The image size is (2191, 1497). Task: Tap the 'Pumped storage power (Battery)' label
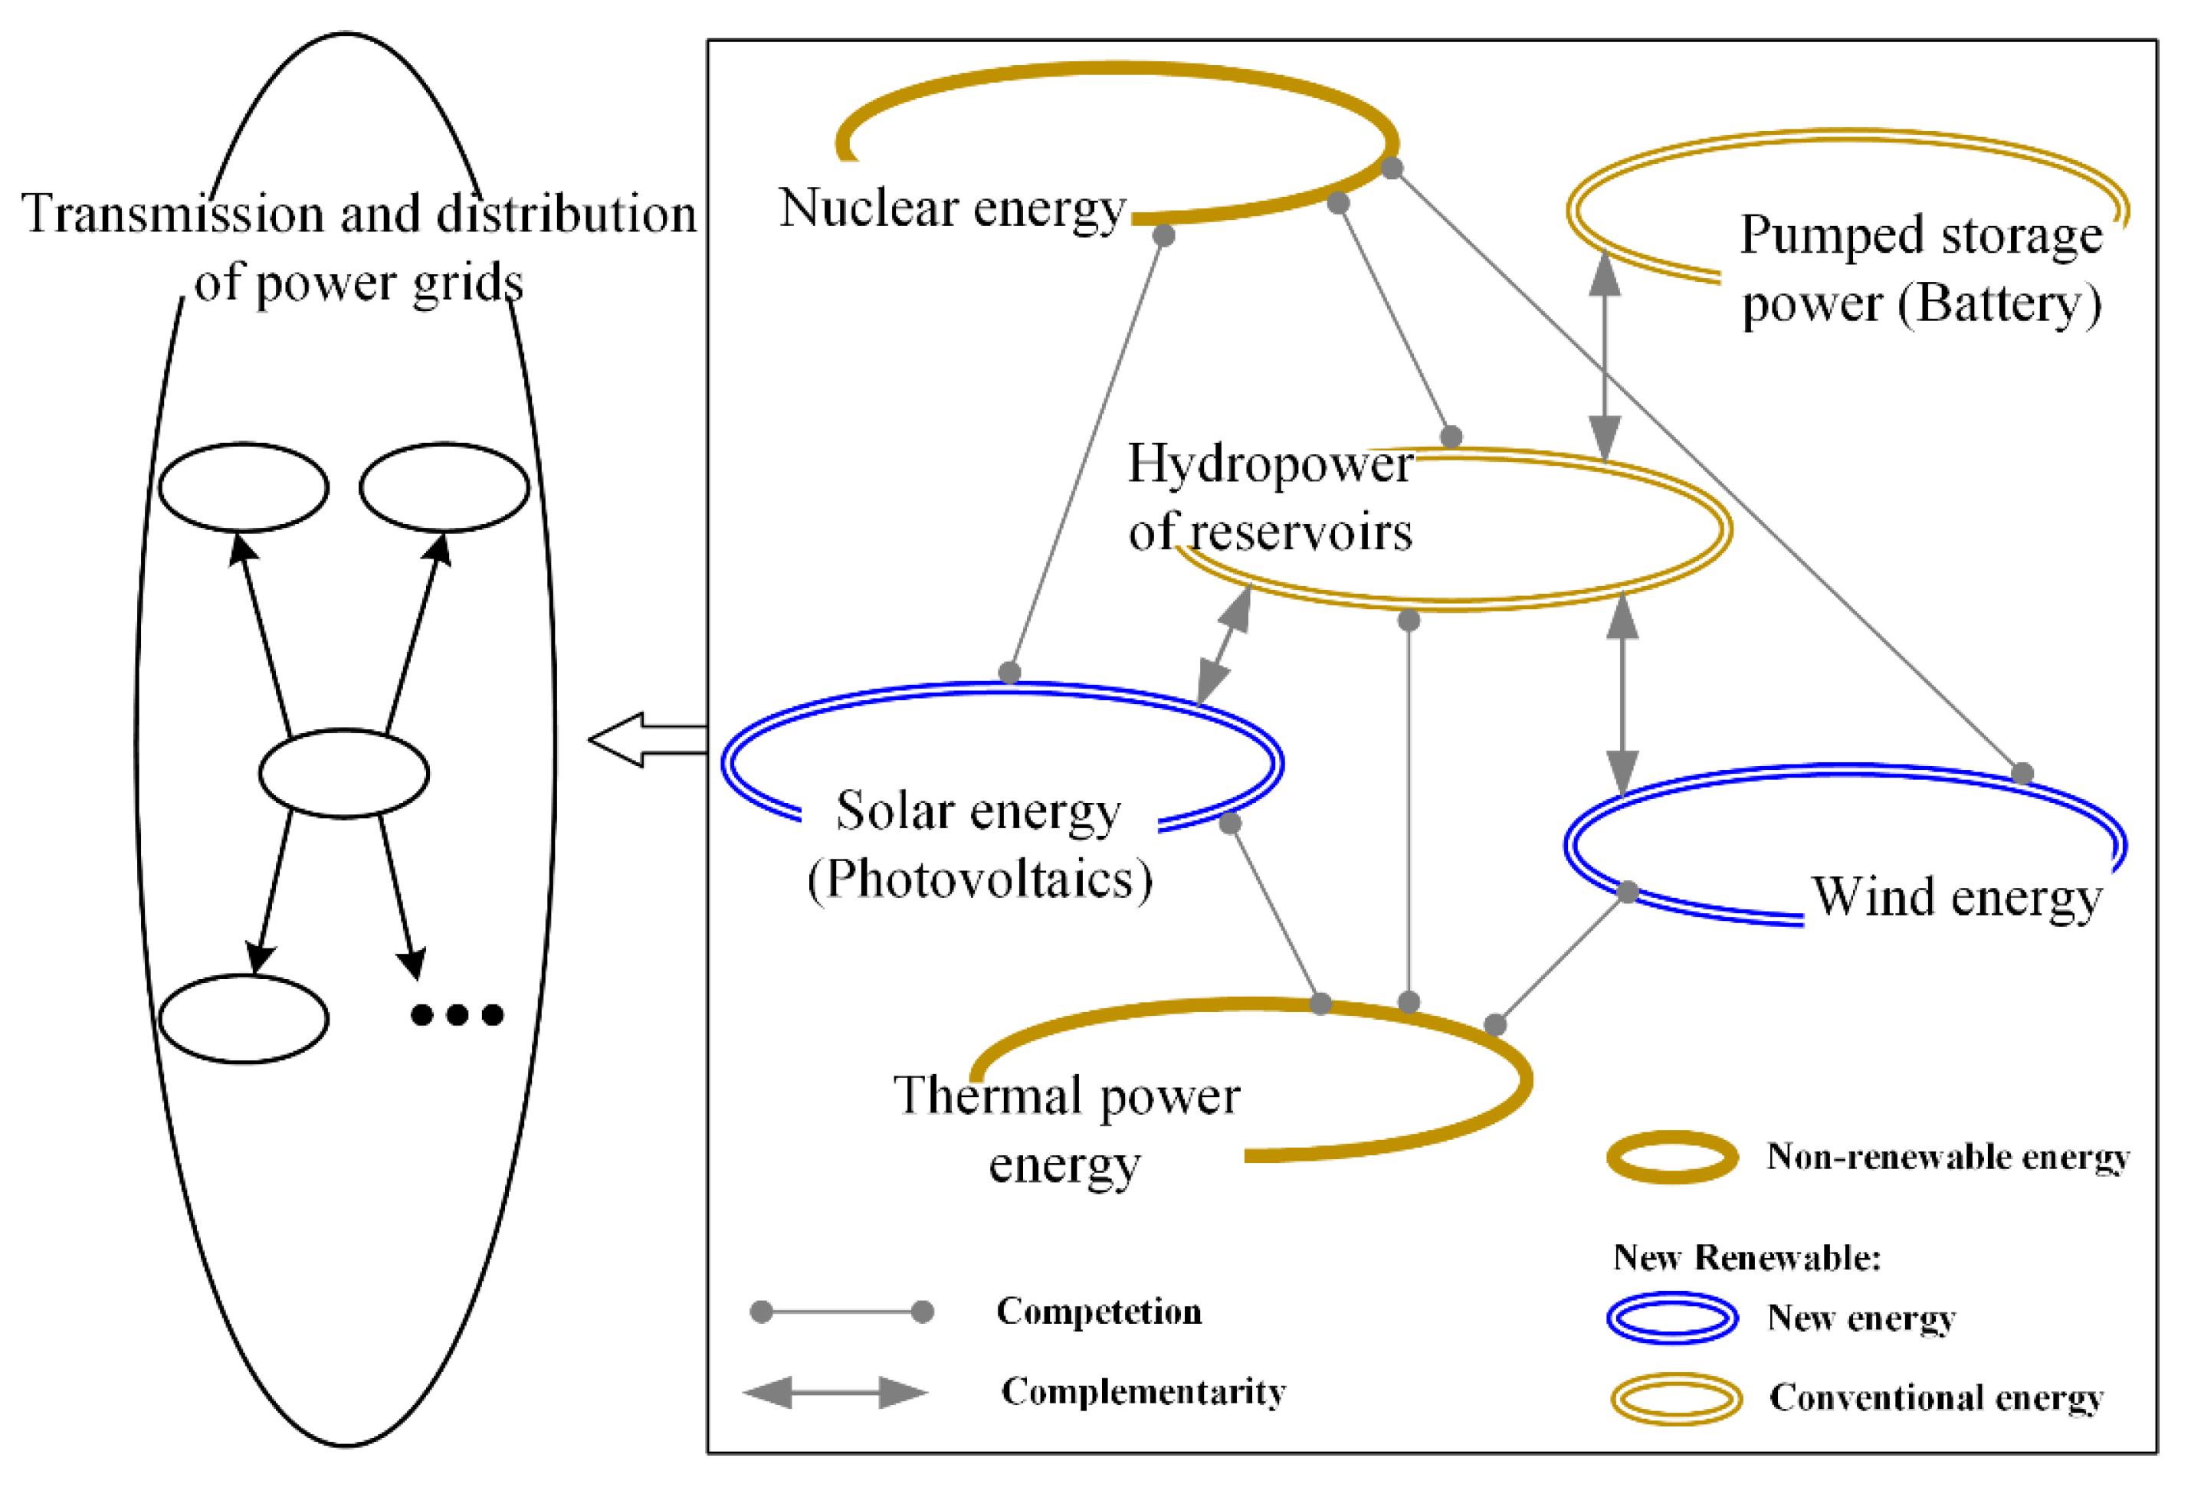click(x=1920, y=270)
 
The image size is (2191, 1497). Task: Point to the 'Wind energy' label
click(x=1956, y=896)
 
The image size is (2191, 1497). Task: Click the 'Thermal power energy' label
click(x=1066, y=1129)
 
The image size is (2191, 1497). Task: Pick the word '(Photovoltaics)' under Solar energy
click(x=979, y=880)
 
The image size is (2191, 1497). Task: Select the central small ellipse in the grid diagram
click(x=344, y=773)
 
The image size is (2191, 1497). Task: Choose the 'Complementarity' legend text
click(x=1143, y=1391)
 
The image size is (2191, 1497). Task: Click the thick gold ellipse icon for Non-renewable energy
click(x=1672, y=1157)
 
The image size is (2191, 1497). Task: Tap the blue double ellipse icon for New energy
click(x=1672, y=1317)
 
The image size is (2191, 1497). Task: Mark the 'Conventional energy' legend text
click(x=1936, y=1397)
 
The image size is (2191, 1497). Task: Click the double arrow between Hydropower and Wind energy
click(x=1622, y=696)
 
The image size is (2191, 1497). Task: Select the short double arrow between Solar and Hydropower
click(x=1224, y=645)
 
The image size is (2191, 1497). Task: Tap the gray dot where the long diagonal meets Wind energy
click(x=2022, y=774)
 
